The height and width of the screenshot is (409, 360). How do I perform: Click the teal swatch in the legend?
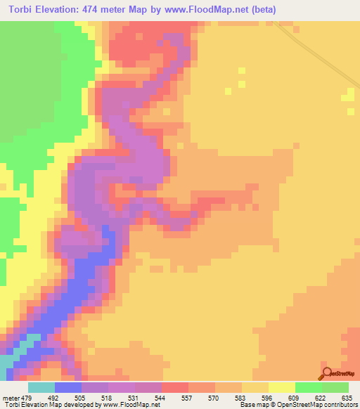point(41,387)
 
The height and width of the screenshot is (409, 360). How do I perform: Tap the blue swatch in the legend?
point(68,387)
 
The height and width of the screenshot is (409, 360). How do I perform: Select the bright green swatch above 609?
point(309,387)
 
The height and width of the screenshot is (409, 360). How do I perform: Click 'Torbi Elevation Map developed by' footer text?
point(49,405)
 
